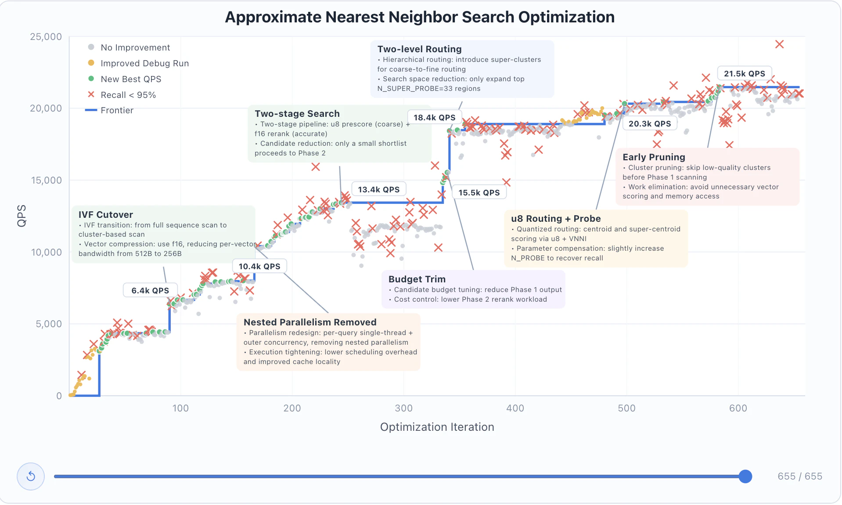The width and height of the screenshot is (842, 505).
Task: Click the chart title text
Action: tap(420, 17)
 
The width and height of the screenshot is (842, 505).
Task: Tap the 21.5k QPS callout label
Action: tap(744, 74)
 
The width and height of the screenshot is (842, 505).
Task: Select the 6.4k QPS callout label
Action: tap(150, 291)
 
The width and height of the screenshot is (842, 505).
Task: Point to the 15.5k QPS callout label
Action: tap(479, 193)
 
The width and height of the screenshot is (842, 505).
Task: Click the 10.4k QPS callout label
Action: tap(259, 267)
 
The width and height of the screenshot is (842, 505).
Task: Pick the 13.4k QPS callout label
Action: tap(378, 190)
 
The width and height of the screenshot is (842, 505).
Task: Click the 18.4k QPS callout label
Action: tap(434, 118)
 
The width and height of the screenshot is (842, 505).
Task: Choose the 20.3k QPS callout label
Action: tap(650, 124)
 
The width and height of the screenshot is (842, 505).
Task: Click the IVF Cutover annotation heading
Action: tap(106, 215)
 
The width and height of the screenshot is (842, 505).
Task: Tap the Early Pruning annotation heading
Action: tap(654, 157)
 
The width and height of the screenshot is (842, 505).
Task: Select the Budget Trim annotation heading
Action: tap(417, 279)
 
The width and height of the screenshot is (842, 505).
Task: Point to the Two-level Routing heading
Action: tap(419, 49)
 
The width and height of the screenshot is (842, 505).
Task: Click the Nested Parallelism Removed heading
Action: tap(310, 322)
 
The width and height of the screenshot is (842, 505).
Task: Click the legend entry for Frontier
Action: tap(117, 110)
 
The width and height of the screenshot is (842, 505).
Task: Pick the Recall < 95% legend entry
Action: tap(128, 95)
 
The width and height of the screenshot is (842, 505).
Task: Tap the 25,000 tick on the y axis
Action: tap(46, 37)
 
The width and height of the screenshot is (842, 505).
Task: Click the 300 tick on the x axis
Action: tap(403, 408)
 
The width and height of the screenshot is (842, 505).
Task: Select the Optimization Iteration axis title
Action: tap(437, 427)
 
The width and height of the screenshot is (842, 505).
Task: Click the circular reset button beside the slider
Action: tap(31, 476)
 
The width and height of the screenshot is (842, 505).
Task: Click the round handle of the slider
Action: tap(745, 476)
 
